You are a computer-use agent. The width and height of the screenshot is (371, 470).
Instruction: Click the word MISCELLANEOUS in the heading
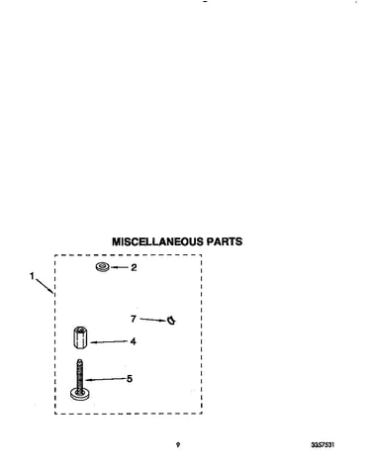(x=158, y=241)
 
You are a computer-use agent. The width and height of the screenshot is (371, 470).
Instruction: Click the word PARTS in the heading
(x=225, y=241)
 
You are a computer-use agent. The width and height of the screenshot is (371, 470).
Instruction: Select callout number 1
(x=32, y=276)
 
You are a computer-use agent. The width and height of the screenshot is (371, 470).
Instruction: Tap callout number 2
(x=134, y=267)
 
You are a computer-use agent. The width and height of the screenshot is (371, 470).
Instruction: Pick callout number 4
(x=133, y=341)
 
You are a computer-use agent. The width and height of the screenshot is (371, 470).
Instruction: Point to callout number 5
(x=130, y=379)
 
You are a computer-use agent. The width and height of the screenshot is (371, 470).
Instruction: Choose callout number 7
(x=134, y=319)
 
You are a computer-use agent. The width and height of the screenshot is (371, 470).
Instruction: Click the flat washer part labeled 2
(x=102, y=267)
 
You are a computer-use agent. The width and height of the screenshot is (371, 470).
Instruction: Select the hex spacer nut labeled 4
(x=80, y=337)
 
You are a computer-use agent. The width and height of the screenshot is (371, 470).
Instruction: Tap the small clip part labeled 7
(x=171, y=320)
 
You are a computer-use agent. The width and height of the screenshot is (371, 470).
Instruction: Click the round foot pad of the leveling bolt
(x=80, y=394)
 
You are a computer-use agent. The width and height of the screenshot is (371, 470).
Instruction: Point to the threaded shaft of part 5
(x=79, y=374)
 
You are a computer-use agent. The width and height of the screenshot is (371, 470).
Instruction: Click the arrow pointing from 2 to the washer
(x=119, y=267)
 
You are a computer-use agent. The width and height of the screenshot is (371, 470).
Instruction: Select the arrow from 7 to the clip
(x=153, y=320)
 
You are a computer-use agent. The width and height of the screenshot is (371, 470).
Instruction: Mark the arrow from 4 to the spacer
(x=109, y=342)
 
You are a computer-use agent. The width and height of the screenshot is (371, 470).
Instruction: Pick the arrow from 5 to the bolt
(x=105, y=380)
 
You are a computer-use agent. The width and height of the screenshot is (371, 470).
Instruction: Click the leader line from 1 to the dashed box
(x=45, y=286)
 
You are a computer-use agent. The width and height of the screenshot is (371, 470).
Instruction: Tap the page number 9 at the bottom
(x=178, y=445)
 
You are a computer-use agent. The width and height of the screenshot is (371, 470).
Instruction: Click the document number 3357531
(x=323, y=445)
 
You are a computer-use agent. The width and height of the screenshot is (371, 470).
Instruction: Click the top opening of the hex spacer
(x=80, y=329)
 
